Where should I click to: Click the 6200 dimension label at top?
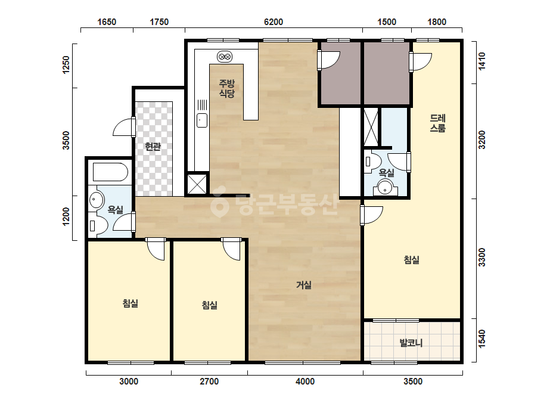[274, 22]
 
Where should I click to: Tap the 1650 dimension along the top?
[107, 22]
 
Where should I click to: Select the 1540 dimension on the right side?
[482, 339]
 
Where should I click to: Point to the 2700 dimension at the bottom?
[209, 381]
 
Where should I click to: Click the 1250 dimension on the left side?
[66, 65]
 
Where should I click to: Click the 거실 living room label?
[304, 285]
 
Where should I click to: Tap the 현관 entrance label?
[153, 147]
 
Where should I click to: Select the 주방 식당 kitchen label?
[226, 88]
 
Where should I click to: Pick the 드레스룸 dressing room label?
[438, 123]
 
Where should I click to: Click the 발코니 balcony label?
[411, 342]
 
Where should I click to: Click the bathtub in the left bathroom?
[110, 172]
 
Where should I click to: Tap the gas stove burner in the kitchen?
[225, 57]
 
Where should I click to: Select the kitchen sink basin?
[201, 120]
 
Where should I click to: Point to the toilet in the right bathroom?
[372, 162]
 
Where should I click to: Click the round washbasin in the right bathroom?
[385, 188]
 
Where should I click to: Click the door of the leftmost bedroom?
[156, 249]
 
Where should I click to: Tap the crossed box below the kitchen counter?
[197, 184]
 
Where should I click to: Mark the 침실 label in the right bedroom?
[411, 260]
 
